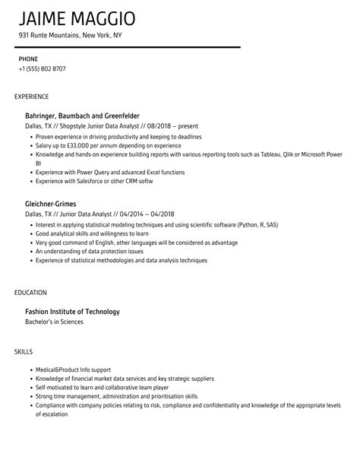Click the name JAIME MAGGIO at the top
pyautogui.click(x=79, y=17)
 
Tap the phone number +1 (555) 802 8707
pyautogui.click(x=43, y=68)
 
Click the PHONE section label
pyautogui.click(x=28, y=59)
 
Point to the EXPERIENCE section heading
pyautogui.click(x=32, y=96)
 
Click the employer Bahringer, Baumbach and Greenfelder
pyautogui.click(x=88, y=115)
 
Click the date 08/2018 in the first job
pyautogui.click(x=158, y=125)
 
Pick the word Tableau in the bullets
pyautogui.click(x=266, y=154)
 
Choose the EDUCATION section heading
pyautogui.click(x=30, y=292)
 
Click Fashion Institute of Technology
pyautogui.click(x=73, y=311)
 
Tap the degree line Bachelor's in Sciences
pyautogui.click(x=55, y=322)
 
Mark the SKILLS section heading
pyautogui.click(x=24, y=351)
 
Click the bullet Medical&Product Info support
pyautogui.click(x=79, y=369)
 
